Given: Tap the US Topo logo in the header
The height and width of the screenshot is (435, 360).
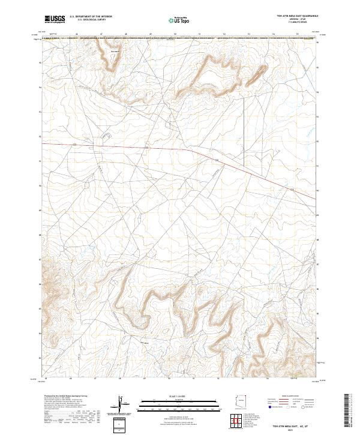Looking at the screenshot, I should [x=178, y=20].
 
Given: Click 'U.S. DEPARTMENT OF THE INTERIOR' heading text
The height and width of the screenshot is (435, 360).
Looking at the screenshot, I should [x=91, y=17].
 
